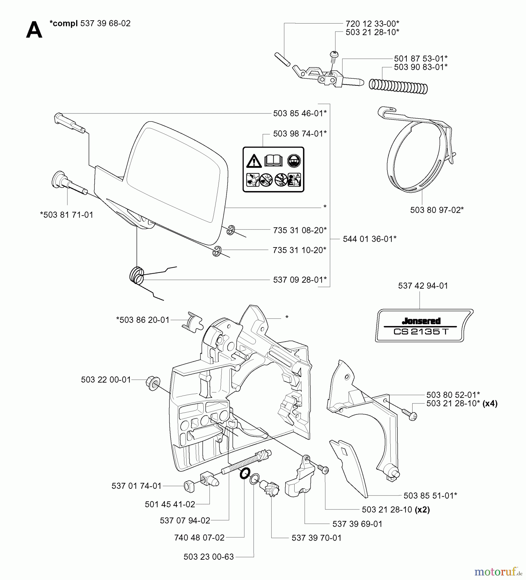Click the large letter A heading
tap(34, 30)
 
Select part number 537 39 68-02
tap(105, 24)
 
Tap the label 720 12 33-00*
tap(372, 24)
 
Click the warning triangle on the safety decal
tap(254, 161)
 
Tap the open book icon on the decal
tap(273, 160)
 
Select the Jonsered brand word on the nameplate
tap(421, 321)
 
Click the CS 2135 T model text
tap(421, 332)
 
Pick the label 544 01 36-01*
tap(370, 239)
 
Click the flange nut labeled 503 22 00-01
tap(152, 383)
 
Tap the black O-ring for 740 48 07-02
tap(245, 473)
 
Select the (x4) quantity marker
tap(490, 403)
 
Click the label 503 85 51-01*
tap(430, 496)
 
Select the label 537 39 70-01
tap(317, 538)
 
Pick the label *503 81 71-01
tap(66, 215)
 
